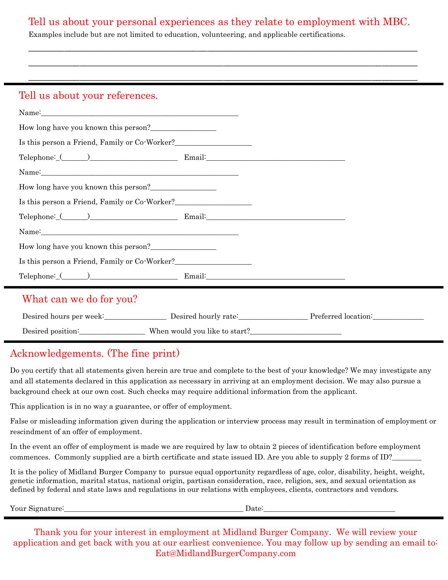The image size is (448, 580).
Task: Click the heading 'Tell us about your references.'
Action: (88, 95)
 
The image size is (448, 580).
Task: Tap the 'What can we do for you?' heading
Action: (80, 299)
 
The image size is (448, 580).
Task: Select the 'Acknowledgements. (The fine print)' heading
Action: (95, 353)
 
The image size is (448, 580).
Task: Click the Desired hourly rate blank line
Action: (273, 317)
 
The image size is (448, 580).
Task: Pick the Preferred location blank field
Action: (398, 317)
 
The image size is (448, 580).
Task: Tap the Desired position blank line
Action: (112, 332)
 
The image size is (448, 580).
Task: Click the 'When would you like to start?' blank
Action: (296, 332)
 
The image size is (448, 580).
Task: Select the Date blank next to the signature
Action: (329, 509)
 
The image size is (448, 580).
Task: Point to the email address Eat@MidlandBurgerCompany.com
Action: (226, 553)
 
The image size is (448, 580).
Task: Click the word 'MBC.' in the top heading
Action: (396, 22)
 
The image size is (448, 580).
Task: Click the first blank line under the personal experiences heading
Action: (223, 50)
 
